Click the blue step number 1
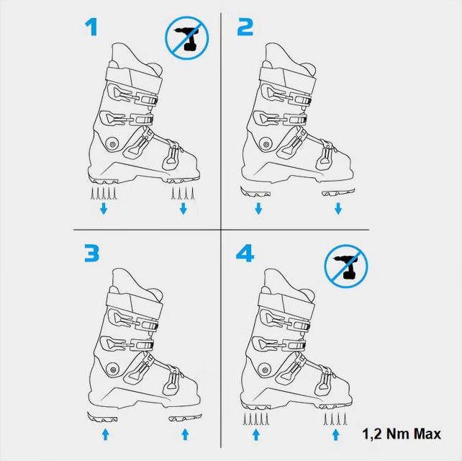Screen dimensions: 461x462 [x=91, y=27]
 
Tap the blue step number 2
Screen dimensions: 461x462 [x=245, y=27]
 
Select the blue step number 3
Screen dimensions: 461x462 [x=91, y=253]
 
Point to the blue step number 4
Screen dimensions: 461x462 [x=245, y=254]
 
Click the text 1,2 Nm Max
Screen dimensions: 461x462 [x=402, y=434]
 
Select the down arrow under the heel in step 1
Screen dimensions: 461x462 [x=104, y=209]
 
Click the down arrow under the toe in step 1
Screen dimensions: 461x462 [x=184, y=209]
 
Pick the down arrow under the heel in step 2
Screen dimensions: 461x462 [x=258, y=209]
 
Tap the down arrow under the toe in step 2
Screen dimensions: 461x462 [x=338, y=209]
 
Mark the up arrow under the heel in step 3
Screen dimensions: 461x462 [x=105, y=434]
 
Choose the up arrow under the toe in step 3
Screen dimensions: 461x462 [x=185, y=434]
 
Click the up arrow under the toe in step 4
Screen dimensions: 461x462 [x=335, y=434]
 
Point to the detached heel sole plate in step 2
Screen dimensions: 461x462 [x=255, y=192]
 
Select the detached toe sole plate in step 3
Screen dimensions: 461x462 [x=183, y=418]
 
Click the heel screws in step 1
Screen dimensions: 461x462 [x=104, y=194]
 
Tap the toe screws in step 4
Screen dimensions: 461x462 [x=336, y=419]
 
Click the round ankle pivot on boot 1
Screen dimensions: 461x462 [x=113, y=144]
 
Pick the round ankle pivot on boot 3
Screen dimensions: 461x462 [x=112, y=370]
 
